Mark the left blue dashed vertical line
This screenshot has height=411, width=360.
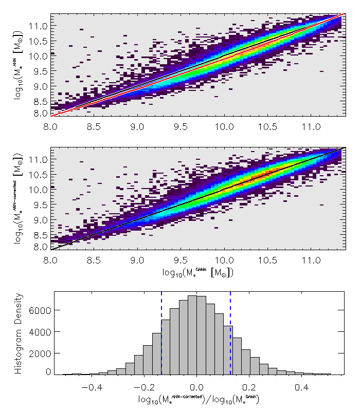[161, 334]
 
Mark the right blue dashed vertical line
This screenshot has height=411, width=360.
[230, 334]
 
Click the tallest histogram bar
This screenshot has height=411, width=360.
[192, 334]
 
